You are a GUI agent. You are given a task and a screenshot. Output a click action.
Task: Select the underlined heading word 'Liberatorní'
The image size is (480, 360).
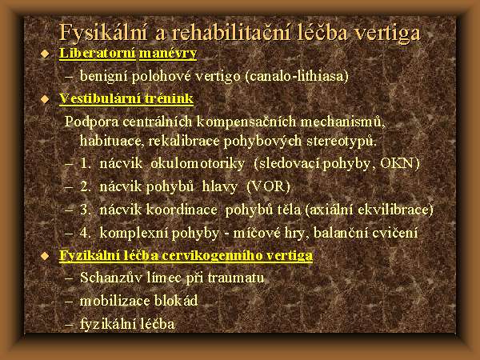click(98, 53)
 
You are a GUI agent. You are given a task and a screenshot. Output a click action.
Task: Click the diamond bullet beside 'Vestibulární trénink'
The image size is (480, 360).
click(45, 99)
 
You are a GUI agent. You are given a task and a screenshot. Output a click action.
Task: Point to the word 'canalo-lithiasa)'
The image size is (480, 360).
click(297, 76)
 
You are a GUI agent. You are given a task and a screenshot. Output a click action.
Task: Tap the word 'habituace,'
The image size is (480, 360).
click(112, 141)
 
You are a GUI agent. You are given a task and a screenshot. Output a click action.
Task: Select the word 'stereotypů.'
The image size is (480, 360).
click(342, 141)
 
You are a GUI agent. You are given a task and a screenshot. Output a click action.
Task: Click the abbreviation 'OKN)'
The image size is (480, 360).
click(399, 164)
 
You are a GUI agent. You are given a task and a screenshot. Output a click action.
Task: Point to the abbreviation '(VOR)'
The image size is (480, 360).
click(268, 186)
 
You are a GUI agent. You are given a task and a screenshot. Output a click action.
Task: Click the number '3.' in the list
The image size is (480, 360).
click(86, 210)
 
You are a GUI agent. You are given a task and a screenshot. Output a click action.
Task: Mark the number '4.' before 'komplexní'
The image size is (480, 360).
click(86, 233)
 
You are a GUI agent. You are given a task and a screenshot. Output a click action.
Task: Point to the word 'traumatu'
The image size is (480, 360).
click(236, 278)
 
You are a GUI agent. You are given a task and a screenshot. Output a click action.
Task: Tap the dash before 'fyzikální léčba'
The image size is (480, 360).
click(69, 325)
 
